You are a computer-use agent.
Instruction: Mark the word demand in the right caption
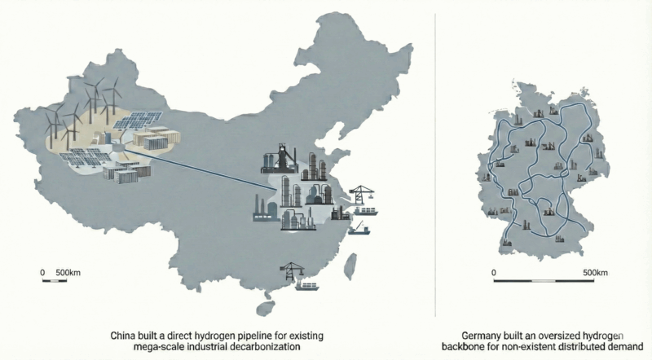[x=628, y=346]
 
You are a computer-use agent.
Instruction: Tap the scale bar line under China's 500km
[x=55, y=281]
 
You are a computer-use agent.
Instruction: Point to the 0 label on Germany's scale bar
[x=494, y=271]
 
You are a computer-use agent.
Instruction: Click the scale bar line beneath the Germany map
[x=546, y=282]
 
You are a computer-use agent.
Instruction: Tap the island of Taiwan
[x=351, y=265]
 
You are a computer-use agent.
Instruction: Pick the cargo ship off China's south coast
[x=309, y=286]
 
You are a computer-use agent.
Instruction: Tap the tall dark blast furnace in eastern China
[x=272, y=160]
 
